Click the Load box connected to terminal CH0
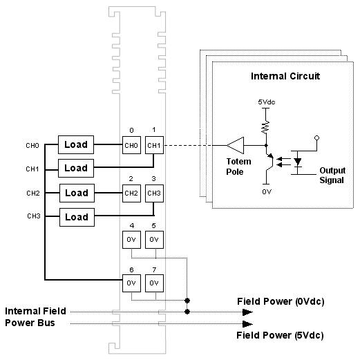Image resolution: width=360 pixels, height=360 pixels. coord(76,144)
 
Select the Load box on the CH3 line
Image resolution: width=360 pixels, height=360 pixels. coord(77,217)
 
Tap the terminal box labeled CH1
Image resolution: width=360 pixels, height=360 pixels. coord(154,145)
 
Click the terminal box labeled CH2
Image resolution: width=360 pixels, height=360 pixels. coord(131,193)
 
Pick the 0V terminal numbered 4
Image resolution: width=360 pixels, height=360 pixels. coord(131,240)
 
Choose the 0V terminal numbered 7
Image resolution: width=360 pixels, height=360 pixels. coord(154,283)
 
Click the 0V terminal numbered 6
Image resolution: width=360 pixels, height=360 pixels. coord(131,283)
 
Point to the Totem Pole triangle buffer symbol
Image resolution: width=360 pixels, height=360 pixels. coord(235,145)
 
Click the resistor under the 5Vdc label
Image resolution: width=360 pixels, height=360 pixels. coord(265,126)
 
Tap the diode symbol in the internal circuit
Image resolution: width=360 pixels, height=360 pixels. coord(298,162)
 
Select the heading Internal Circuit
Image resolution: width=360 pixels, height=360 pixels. coord(285,76)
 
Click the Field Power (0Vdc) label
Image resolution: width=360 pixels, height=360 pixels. coord(281,301)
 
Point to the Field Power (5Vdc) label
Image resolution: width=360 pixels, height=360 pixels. coord(280,335)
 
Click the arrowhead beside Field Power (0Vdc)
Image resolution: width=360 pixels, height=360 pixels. coord(247,312)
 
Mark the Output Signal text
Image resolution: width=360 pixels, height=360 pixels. coord(332,176)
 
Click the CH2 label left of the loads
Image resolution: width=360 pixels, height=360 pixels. coord(33,193)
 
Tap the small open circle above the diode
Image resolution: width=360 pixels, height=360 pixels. coord(317,138)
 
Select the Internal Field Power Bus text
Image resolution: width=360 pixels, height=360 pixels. coord(35,317)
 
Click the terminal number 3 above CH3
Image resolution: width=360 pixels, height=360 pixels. coord(154,179)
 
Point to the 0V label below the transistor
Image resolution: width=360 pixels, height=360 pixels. coord(267,191)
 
